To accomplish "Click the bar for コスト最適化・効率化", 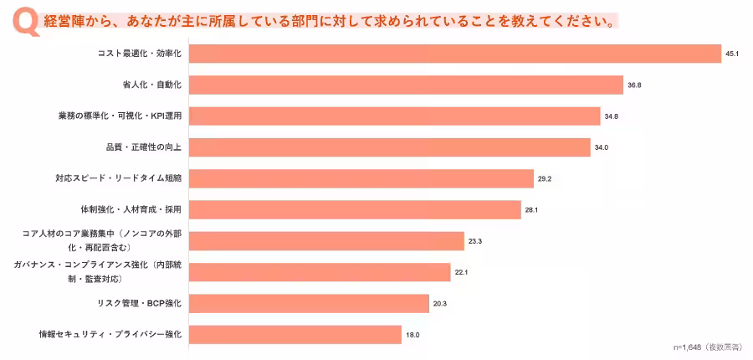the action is click(x=455, y=54).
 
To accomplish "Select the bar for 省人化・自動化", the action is click(x=407, y=85).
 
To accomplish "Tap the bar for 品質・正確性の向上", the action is click(x=389, y=147).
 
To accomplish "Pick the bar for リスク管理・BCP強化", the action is click(x=309, y=304).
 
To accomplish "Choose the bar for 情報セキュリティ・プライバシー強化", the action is click(x=295, y=335).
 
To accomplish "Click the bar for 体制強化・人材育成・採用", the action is click(x=355, y=209).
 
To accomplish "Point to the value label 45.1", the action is click(x=731, y=54).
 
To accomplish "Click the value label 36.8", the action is click(x=634, y=85).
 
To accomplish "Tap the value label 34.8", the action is click(x=612, y=116).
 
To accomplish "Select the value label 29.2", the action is click(x=544, y=179).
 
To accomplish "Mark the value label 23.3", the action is click(x=475, y=241).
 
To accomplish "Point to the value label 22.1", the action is click(x=461, y=273).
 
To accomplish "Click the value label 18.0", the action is click(x=412, y=335).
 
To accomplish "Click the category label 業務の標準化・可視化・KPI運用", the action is click(x=120, y=116).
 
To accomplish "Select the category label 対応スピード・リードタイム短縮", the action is click(x=119, y=178).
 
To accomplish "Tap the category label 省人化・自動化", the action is click(x=152, y=85).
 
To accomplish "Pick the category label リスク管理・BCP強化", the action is click(x=139, y=303).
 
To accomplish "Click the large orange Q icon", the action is click(x=26, y=23).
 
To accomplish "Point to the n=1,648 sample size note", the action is click(x=707, y=347).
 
